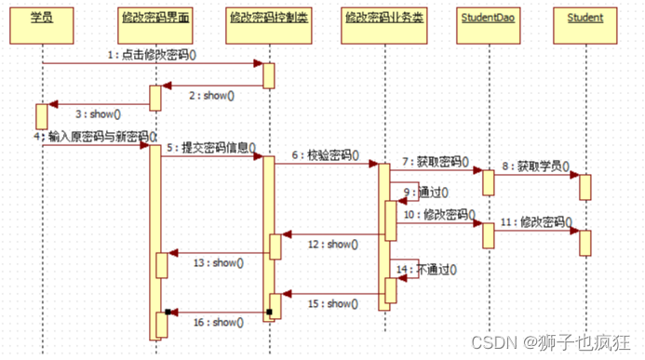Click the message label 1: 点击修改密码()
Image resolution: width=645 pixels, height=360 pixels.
click(152, 55)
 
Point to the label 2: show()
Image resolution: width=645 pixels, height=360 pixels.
click(210, 95)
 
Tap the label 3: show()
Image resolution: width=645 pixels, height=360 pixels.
click(97, 113)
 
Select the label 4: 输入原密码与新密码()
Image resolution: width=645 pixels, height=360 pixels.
click(94, 138)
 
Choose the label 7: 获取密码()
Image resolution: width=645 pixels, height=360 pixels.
click(436, 162)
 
